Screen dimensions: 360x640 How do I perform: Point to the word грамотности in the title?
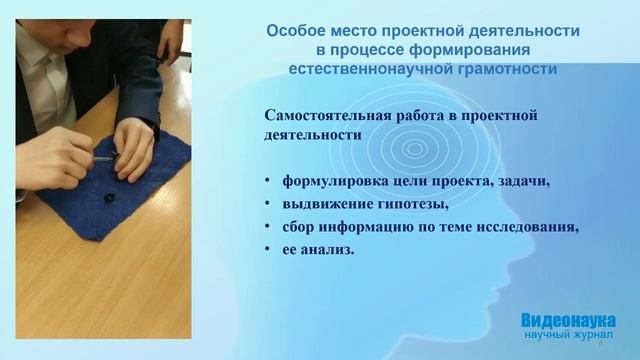(504, 69)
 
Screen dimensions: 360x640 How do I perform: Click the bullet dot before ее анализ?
(268, 250)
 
